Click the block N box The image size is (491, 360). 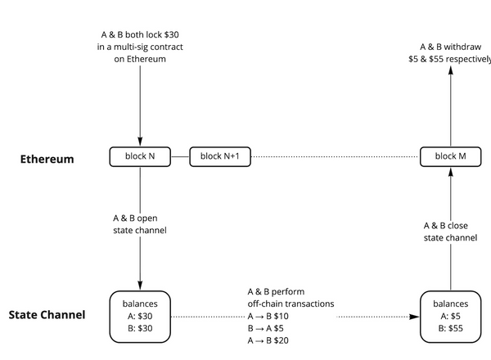[x=141, y=156]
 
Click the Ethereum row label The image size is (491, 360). [x=47, y=159]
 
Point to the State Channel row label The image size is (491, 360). [x=47, y=314]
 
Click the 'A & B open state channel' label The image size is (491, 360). [x=140, y=224]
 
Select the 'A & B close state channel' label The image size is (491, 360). [x=450, y=231]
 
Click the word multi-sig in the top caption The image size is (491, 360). [x=132, y=48]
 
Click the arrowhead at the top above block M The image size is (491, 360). [x=449, y=72]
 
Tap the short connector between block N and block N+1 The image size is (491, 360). [x=181, y=156]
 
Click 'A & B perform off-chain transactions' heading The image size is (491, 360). [x=291, y=297]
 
